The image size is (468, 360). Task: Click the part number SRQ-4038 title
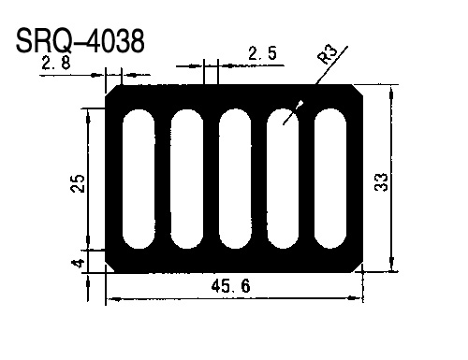pyautogui.click(x=80, y=40)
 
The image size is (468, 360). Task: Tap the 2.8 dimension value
pyautogui.click(x=56, y=64)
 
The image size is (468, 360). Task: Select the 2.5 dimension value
pyautogui.click(x=262, y=53)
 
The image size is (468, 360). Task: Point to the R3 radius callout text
pyautogui.click(x=328, y=53)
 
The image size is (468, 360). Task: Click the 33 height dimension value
pyautogui.click(x=381, y=182)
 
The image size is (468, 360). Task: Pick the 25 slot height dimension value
pyautogui.click(x=78, y=183)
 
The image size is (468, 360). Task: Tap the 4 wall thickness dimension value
pyautogui.click(x=78, y=264)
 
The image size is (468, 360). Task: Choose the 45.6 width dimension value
pyautogui.click(x=230, y=286)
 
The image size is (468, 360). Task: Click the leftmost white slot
pyautogui.click(x=139, y=179)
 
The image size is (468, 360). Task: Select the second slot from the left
pyautogui.click(x=187, y=179)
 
